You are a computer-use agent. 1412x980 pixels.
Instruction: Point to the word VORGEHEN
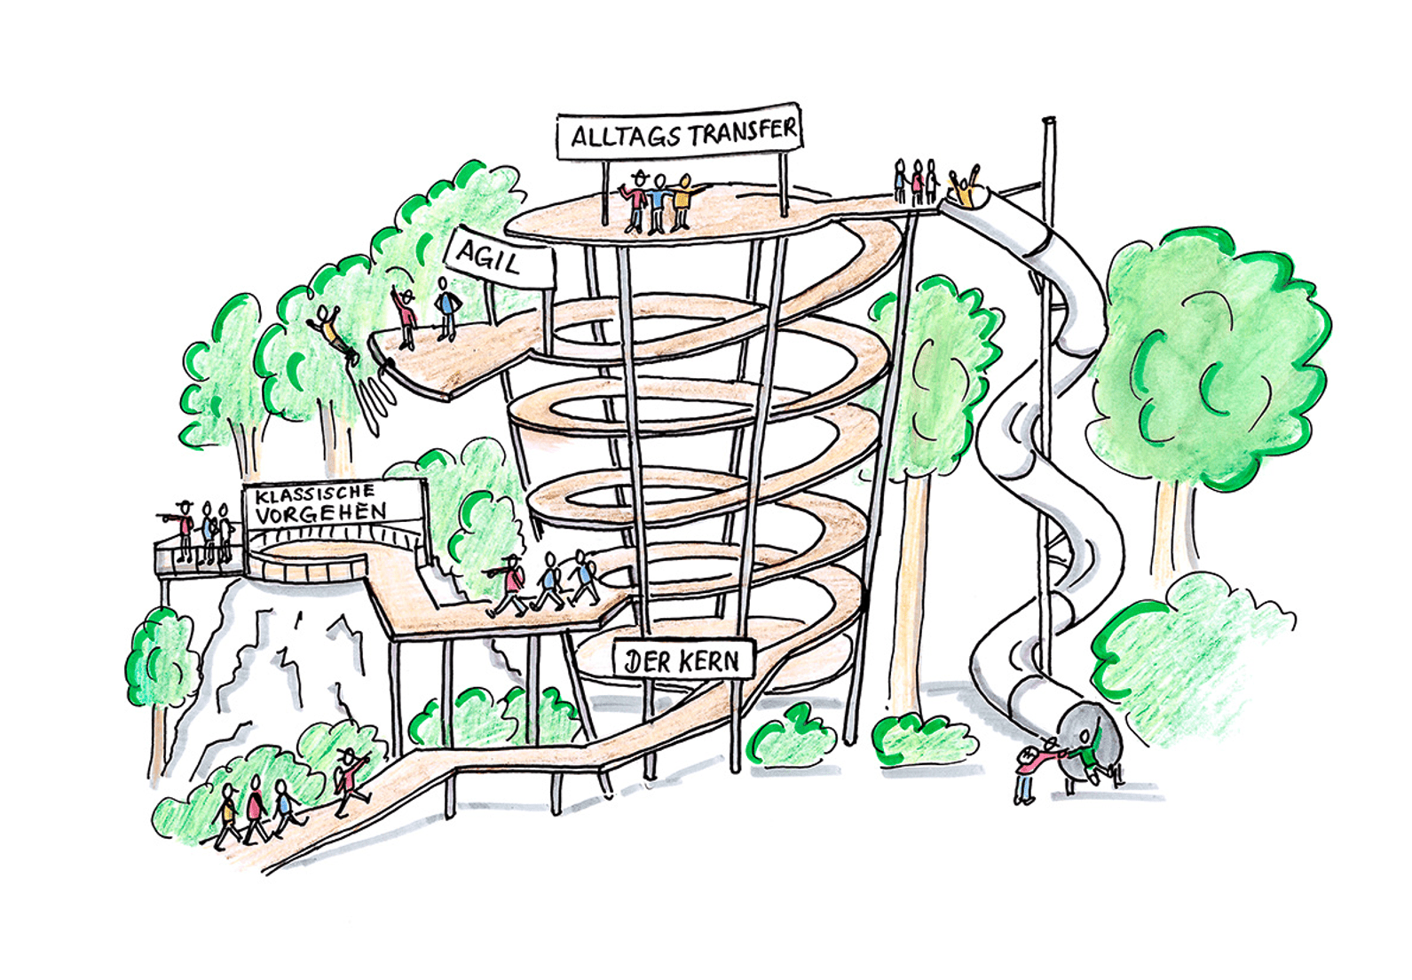point(321,513)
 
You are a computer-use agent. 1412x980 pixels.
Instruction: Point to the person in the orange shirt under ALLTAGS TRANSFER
point(682,201)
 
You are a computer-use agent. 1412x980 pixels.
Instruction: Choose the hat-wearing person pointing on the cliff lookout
point(184,530)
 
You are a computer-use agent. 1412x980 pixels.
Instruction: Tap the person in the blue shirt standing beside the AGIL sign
point(446,307)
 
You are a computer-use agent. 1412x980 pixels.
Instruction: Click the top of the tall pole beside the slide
point(1048,122)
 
